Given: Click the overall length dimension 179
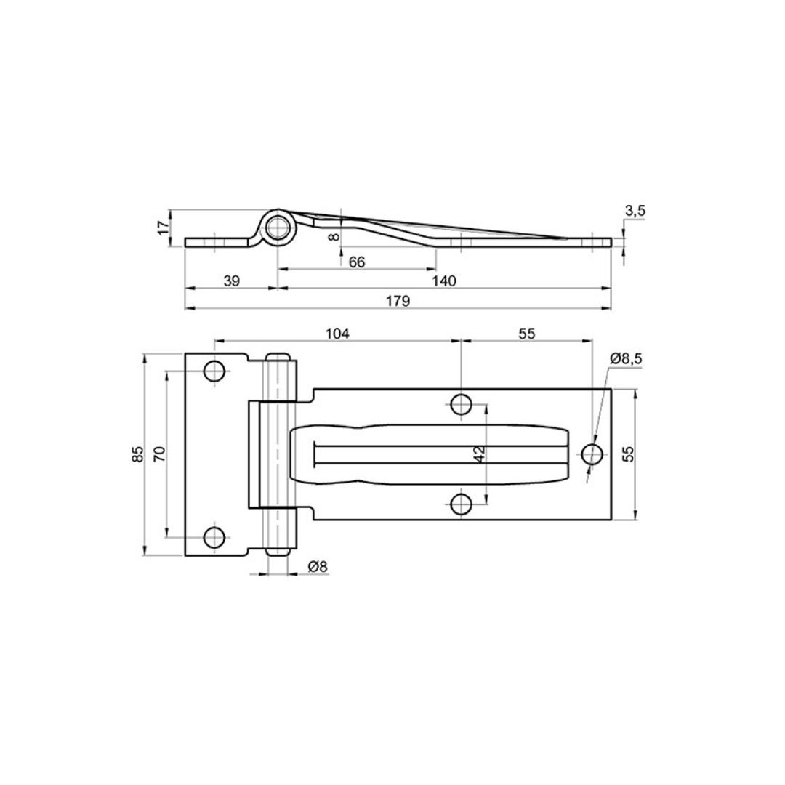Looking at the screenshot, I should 399,300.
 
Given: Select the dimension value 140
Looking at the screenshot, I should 444,281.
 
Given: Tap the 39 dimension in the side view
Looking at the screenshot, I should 231,281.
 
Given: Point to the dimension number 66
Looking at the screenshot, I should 357,262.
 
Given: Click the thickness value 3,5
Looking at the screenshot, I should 635,211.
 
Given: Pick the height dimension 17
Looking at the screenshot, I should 164,228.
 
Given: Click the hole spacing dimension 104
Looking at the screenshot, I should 337,334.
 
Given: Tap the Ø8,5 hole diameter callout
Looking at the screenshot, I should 627,358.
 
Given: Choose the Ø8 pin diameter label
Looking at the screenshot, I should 318,566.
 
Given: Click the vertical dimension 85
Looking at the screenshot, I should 138,454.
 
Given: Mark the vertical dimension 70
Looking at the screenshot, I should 161,454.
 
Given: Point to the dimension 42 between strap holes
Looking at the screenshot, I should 479,454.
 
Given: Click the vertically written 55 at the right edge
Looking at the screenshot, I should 629,454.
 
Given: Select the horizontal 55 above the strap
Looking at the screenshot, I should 527,334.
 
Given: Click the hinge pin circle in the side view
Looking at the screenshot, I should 278,228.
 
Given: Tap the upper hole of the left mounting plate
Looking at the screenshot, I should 214,371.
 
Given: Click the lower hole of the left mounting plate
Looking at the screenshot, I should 214,537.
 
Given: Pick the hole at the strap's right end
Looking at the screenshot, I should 592,454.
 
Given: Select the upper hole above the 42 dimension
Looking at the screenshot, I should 461,404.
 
